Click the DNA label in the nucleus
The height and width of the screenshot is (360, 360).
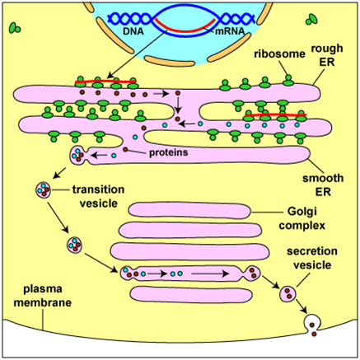pyautogui.click(x=133, y=31)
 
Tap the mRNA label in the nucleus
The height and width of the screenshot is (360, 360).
pyautogui.click(x=229, y=31)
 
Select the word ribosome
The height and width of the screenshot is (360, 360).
pyautogui.click(x=279, y=54)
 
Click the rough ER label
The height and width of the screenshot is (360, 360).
pyautogui.click(x=327, y=55)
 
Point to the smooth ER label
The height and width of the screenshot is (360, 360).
pyautogui.click(x=323, y=185)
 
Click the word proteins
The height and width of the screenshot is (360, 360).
pyautogui.click(x=169, y=152)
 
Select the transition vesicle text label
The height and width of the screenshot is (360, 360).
pyautogui.click(x=98, y=196)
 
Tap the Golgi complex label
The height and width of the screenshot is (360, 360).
pyautogui.click(x=302, y=218)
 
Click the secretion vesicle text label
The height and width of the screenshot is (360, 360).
pyautogui.click(x=312, y=258)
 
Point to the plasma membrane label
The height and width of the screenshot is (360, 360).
pyautogui.click(x=43, y=296)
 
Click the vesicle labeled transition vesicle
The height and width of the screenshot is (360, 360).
pyautogui.click(x=44, y=189)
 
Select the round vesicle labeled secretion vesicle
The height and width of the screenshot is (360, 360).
pyautogui.click(x=288, y=293)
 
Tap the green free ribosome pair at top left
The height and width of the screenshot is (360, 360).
pyautogui.click(x=15, y=28)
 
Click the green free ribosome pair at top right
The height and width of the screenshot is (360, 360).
pyautogui.click(x=312, y=19)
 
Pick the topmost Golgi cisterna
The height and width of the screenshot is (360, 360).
pyautogui.click(x=189, y=211)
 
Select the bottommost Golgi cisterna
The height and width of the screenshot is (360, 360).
pyautogui.click(x=191, y=294)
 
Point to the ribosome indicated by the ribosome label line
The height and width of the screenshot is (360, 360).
pyautogui.click(x=288, y=81)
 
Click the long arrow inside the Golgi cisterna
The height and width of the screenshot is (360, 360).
pyautogui.click(x=210, y=274)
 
